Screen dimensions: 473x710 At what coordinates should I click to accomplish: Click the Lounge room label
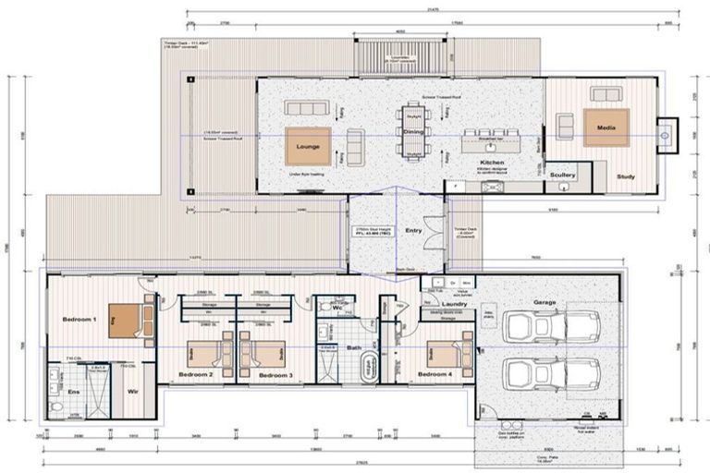pyautogui.click(x=307, y=147)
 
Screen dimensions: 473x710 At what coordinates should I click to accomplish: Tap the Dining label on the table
pyautogui.click(x=412, y=133)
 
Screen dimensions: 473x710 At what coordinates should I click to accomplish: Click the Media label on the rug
pyautogui.click(x=606, y=127)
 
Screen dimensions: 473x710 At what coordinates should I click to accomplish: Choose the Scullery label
pyautogui.click(x=562, y=174)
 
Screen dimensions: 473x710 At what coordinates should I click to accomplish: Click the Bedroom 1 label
pyautogui.click(x=80, y=319)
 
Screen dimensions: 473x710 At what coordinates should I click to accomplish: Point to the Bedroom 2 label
pyautogui.click(x=196, y=375)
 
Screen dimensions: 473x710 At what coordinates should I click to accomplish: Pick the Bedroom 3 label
pyautogui.click(x=275, y=375)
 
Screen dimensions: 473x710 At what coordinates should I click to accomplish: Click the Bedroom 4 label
pyautogui.click(x=434, y=374)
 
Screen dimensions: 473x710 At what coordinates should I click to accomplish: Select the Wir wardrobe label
pyautogui.click(x=132, y=392)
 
